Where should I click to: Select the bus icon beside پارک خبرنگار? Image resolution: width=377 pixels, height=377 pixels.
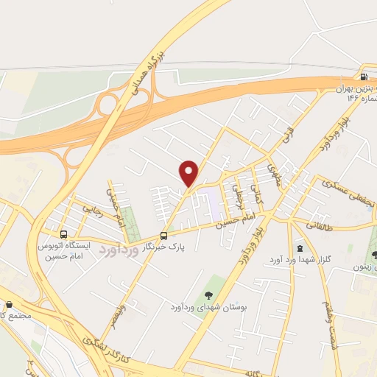click(x=163, y=236)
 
